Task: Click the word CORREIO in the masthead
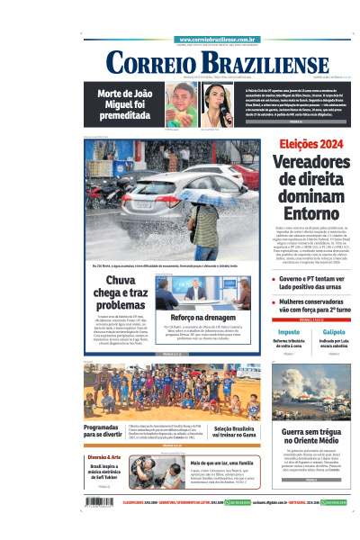148,63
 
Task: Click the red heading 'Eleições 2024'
311,145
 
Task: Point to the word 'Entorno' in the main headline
311,214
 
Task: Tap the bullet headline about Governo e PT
315,284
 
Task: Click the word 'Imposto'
289,332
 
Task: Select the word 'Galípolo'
334,332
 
